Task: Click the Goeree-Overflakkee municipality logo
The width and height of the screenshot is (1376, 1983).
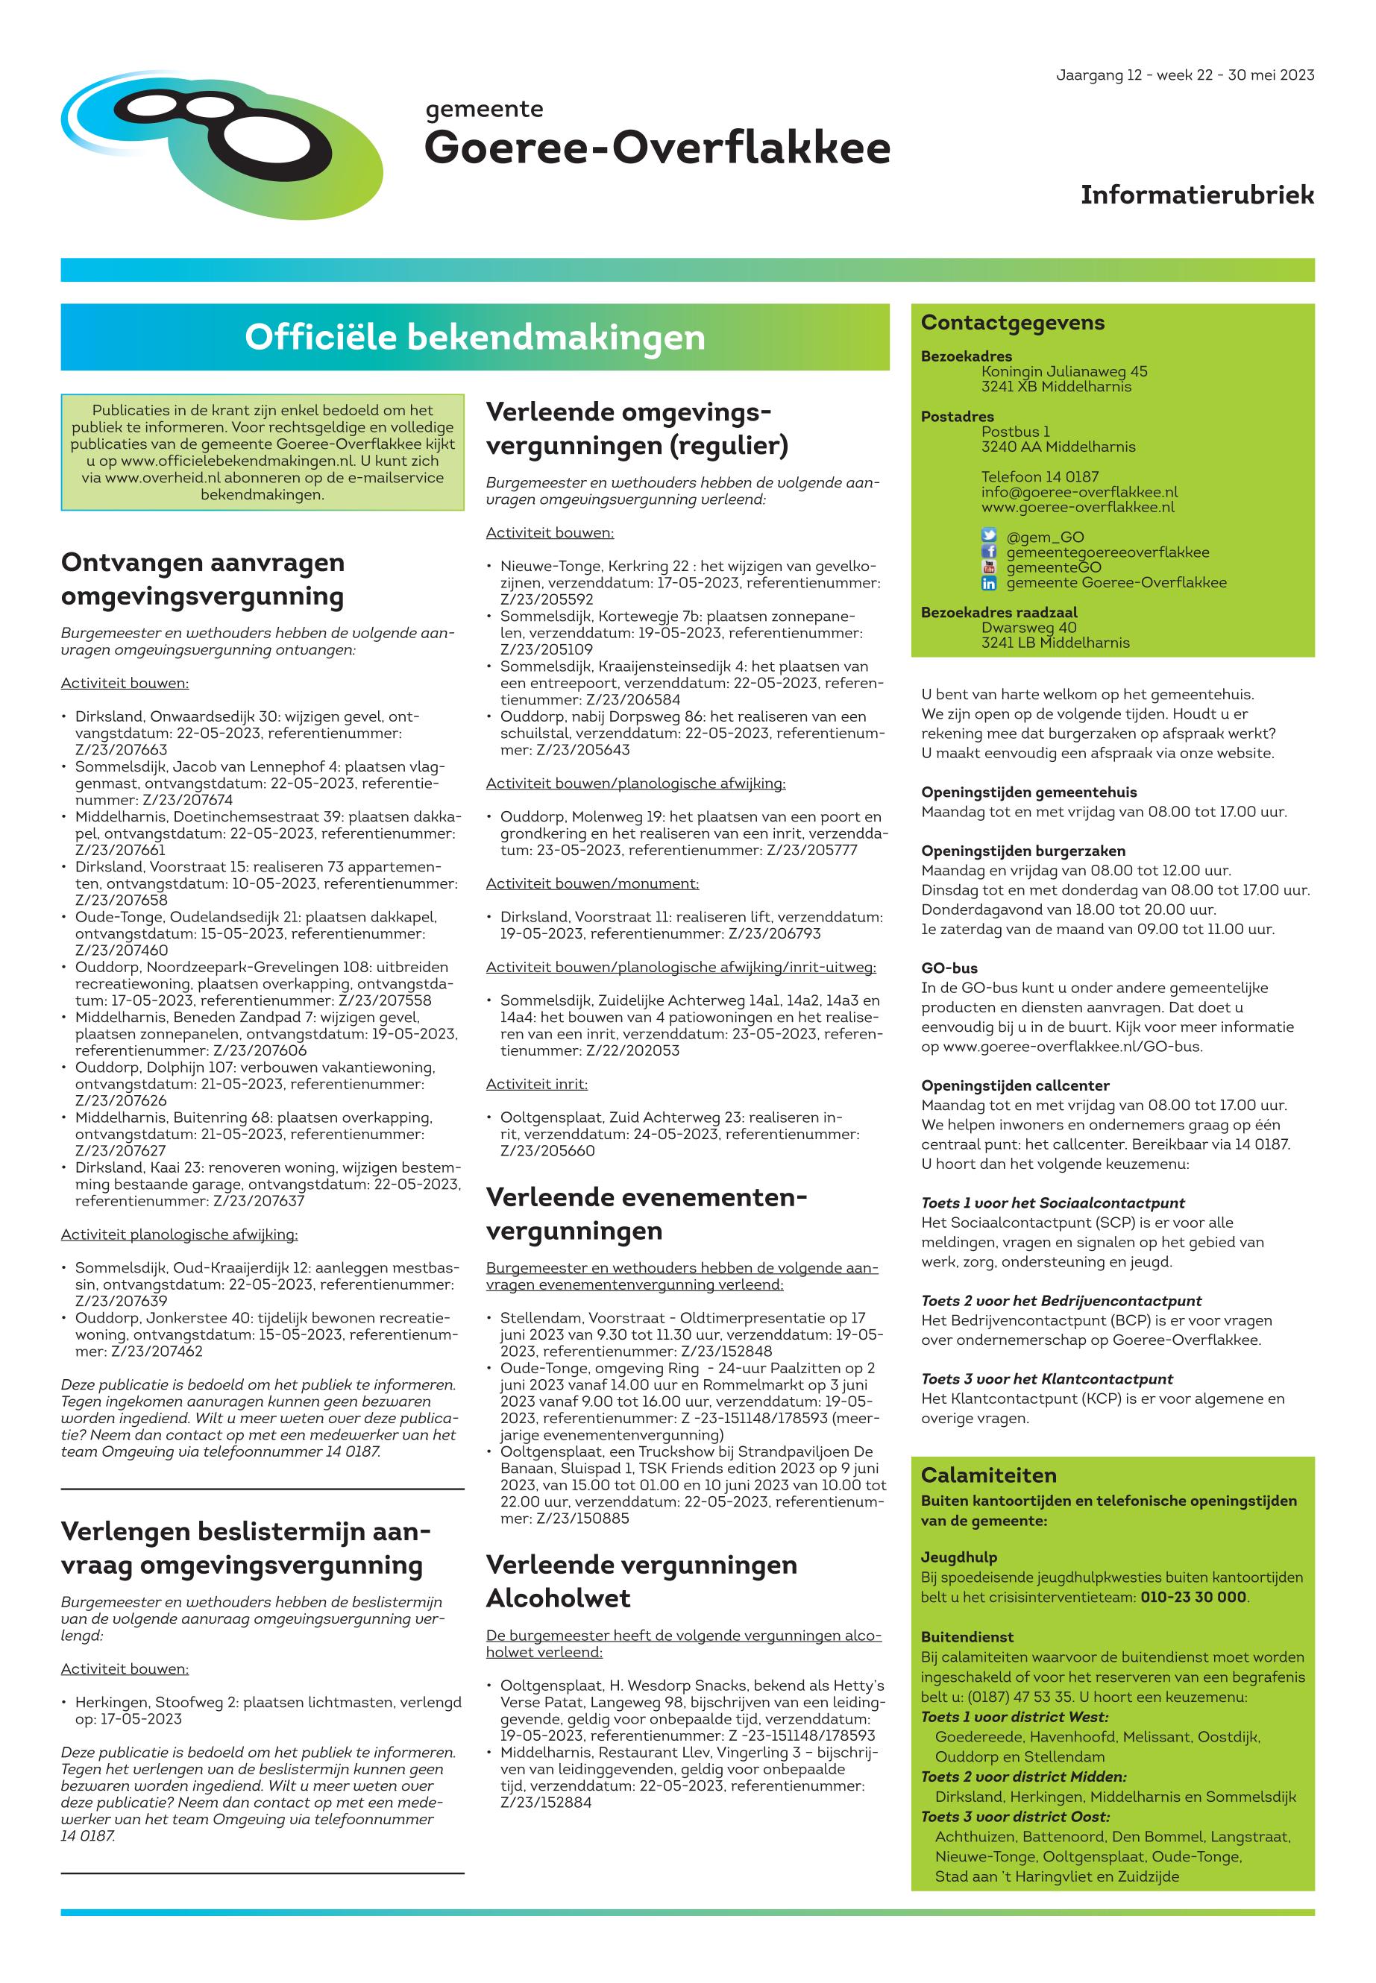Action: coord(222,143)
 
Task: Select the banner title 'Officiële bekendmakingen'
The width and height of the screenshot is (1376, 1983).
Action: coord(474,337)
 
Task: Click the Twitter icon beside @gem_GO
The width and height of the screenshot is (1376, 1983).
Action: coord(989,536)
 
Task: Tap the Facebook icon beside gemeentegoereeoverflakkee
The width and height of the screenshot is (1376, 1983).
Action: coord(989,552)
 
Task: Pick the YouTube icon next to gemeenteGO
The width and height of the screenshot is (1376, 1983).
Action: coord(989,567)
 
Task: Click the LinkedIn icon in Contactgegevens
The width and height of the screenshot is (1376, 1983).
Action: coord(989,582)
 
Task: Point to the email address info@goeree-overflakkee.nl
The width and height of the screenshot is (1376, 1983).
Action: coord(1078,492)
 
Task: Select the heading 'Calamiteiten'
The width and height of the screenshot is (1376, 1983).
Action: coord(988,1475)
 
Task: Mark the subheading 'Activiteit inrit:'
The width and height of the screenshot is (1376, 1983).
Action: coord(536,1084)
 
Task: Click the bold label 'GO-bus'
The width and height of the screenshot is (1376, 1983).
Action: coord(949,968)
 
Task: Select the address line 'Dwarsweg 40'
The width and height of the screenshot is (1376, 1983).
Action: coord(1028,628)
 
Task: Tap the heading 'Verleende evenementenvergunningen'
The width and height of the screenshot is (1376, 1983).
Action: coord(646,1214)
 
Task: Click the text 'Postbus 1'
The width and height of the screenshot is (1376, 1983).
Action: coord(1015,432)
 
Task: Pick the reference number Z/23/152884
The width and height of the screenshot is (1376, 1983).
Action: coord(546,1802)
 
